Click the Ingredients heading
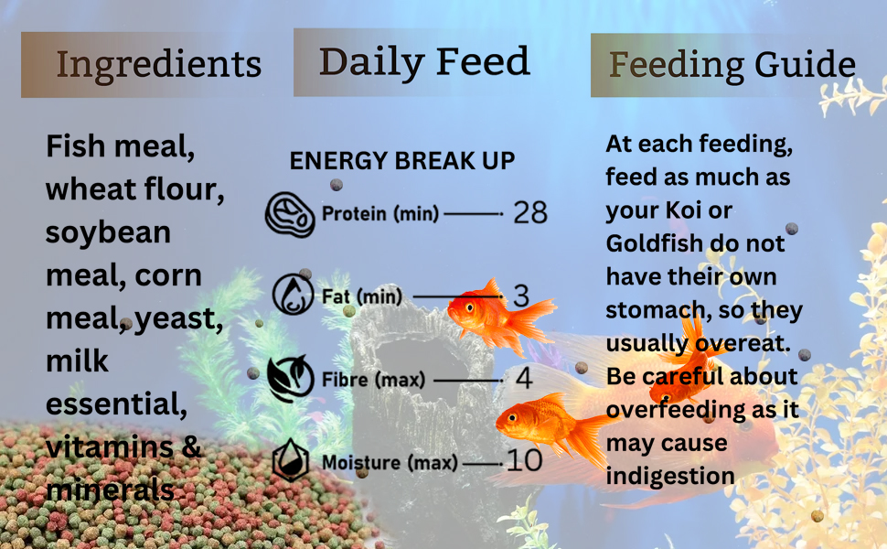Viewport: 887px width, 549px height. (159, 65)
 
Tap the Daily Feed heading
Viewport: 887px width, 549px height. (424, 62)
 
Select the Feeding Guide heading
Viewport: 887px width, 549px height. (732, 65)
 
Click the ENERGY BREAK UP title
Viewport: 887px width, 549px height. (402, 161)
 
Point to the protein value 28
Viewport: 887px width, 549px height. (530, 213)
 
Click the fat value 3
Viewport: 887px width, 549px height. (521, 296)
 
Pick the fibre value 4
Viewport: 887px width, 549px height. (524, 378)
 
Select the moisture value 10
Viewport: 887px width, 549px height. (524, 460)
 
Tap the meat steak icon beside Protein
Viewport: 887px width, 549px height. (290, 214)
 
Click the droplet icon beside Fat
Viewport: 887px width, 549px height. (293, 295)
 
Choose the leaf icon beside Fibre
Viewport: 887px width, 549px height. (291, 378)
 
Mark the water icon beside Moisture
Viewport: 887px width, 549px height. (291, 459)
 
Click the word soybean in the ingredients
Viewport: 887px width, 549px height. (108, 232)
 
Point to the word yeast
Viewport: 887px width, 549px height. (178, 319)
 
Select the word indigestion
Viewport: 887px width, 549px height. (670, 477)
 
